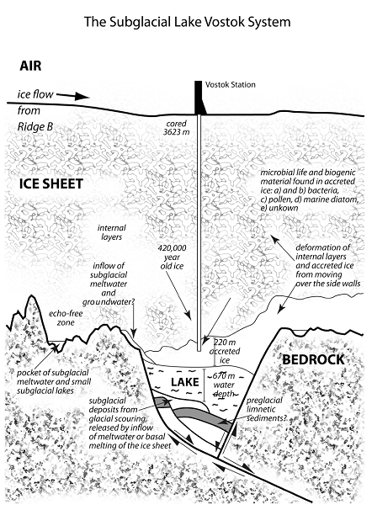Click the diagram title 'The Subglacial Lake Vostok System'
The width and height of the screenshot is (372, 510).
[188, 22]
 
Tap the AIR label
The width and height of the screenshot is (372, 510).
[30, 66]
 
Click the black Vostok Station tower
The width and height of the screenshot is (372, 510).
[199, 98]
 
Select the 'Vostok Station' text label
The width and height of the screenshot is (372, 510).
[231, 85]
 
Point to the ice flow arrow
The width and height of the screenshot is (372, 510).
[72, 96]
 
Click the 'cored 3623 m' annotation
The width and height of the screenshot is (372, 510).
[177, 128]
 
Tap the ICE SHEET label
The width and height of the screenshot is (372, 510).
[51, 183]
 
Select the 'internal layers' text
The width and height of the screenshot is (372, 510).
[112, 232]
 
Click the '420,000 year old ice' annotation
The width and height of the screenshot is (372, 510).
[172, 257]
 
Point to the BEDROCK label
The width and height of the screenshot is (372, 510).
[313, 359]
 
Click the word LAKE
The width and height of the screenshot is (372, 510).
[184, 382]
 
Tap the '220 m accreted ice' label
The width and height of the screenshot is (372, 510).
[225, 351]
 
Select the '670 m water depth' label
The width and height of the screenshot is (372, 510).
[225, 385]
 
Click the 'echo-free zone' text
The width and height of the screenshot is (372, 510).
[66, 318]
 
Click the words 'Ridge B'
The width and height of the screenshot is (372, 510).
[35, 126]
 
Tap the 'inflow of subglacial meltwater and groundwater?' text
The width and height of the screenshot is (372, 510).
[109, 284]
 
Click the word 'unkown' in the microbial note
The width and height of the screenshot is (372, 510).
[283, 208]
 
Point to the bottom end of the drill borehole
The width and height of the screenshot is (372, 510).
[199, 351]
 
